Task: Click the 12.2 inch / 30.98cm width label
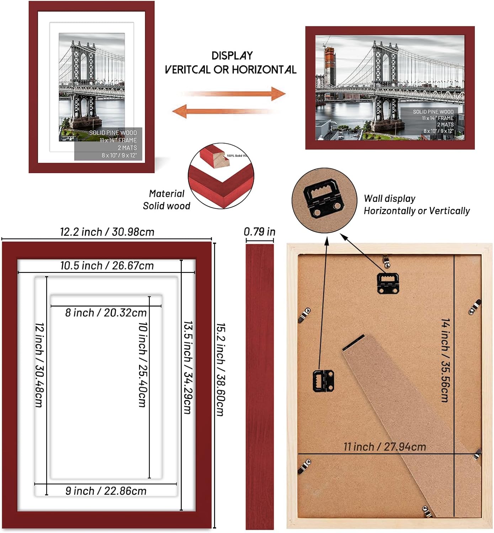coord(107,232)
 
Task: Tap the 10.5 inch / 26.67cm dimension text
coord(107,265)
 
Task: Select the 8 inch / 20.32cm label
coord(106,313)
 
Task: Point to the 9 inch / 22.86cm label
coord(106,491)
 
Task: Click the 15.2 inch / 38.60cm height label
coord(221,370)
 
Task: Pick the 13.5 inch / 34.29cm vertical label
coord(188,367)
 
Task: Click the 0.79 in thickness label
coord(259,232)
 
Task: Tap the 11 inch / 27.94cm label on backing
coord(384,447)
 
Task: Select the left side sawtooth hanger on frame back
coord(323,381)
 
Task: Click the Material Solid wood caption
coord(166,200)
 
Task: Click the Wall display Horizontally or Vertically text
coord(416,205)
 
